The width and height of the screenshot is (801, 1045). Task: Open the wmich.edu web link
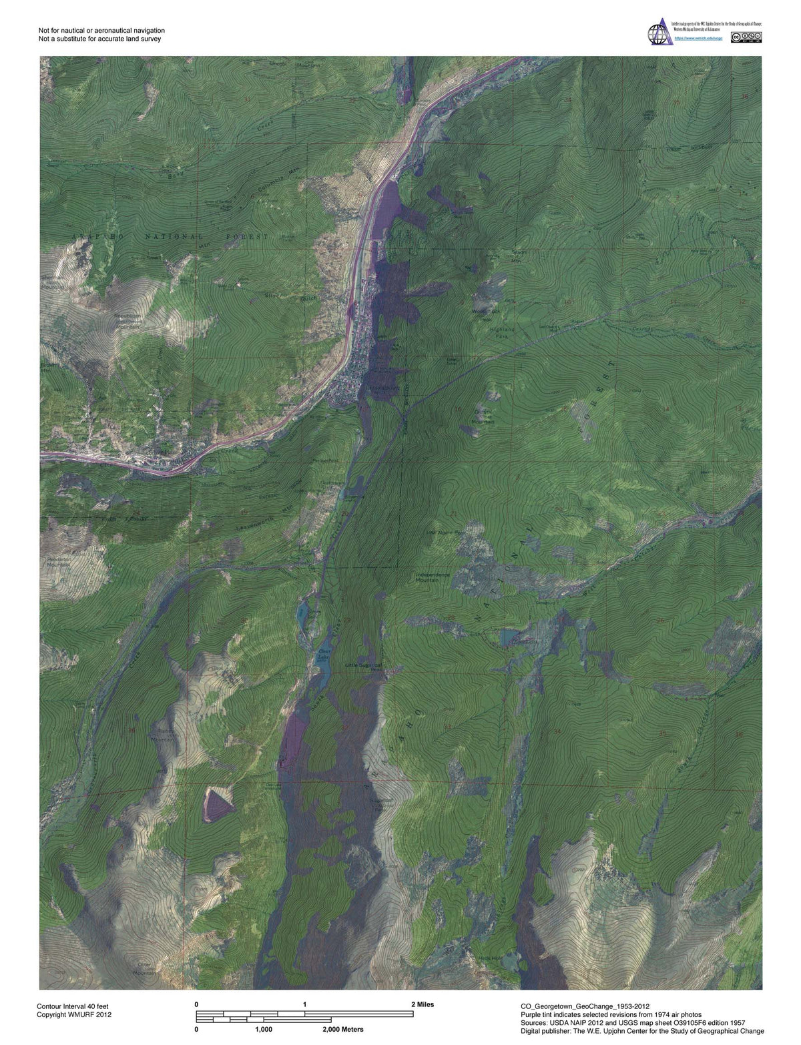698,38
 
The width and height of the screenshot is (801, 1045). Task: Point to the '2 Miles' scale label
421,1004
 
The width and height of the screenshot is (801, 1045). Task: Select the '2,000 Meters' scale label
342,1030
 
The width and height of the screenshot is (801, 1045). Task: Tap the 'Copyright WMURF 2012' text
73,1014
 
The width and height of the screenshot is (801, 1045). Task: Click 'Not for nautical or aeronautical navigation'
101,31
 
